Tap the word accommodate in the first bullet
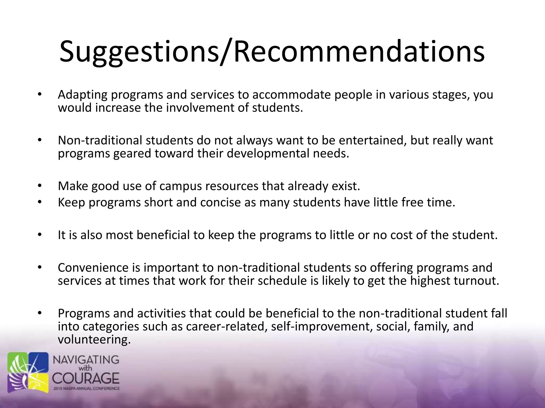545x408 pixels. pyautogui.click(x=291, y=95)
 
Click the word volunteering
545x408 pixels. pyautogui.click(x=94, y=340)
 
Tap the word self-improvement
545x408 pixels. pyautogui.click(x=321, y=327)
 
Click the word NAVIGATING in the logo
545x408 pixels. pyautogui.click(x=86, y=360)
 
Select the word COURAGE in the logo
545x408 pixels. pyautogui.click(x=86, y=378)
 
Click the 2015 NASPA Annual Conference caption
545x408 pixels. pyautogui.click(x=86, y=389)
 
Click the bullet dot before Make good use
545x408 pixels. pyautogui.click(x=40, y=186)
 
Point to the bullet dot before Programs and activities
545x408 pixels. pyautogui.click(x=40, y=313)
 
